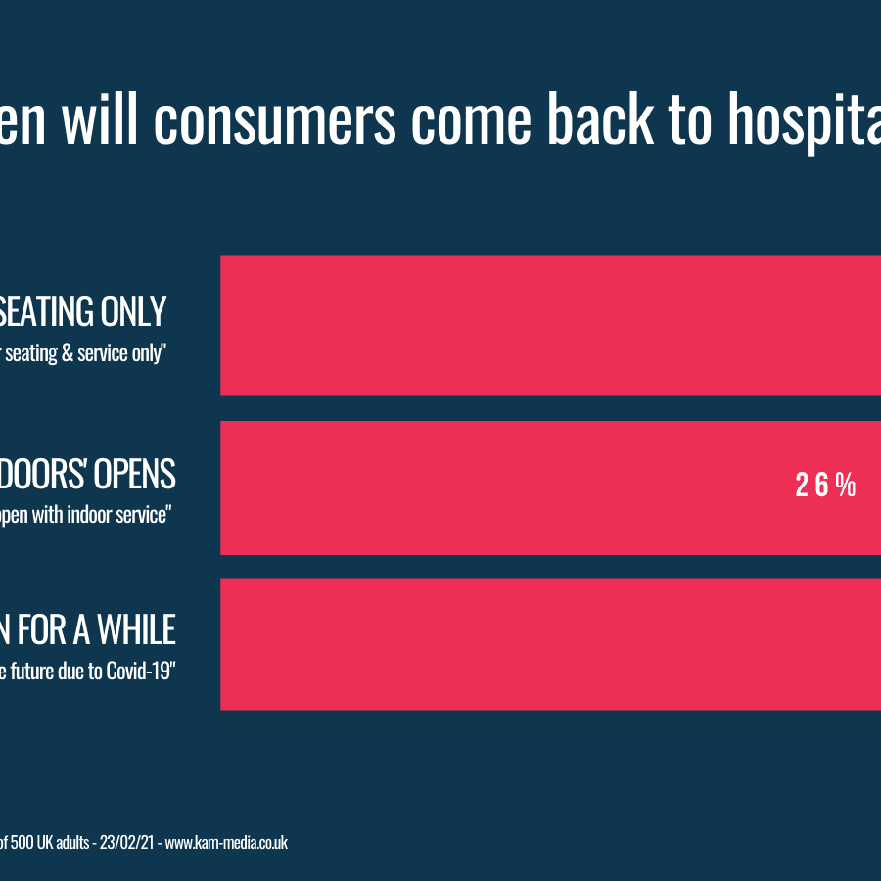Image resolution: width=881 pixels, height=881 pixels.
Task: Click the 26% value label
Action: [825, 486]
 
